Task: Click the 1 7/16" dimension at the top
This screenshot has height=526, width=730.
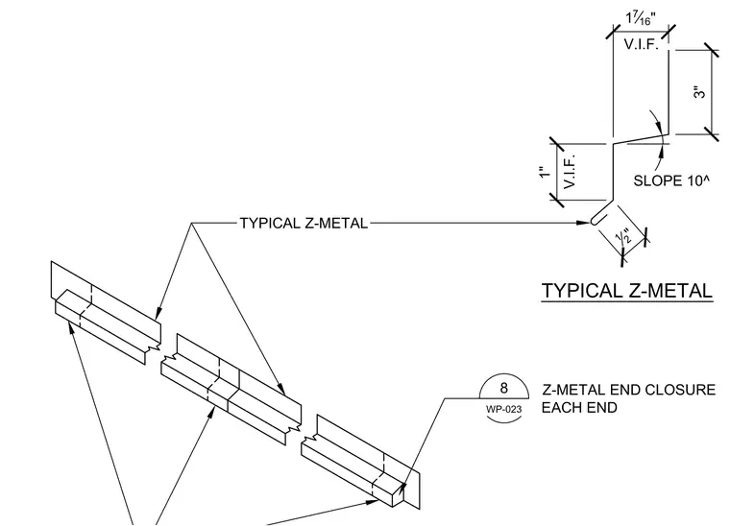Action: coord(641,18)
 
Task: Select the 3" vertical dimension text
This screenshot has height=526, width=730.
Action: coord(699,92)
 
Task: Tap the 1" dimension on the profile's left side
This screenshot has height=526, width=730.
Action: coord(545,172)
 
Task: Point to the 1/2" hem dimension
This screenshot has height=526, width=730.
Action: coord(623,236)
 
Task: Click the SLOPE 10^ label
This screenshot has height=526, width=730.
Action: coord(671,180)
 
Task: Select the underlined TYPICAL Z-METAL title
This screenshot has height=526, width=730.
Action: coord(627,291)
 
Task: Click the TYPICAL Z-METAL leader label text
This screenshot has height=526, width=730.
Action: coord(304,224)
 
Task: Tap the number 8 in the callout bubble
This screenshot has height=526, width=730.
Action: coord(503,388)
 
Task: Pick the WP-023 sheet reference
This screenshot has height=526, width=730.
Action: coord(503,409)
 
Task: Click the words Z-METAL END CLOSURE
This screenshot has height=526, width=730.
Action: coord(628,390)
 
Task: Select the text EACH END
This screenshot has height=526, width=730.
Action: coord(579,408)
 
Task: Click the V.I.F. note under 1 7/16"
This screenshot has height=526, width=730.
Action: coord(641,44)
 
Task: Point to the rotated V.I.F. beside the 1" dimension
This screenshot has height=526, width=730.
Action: coord(570,171)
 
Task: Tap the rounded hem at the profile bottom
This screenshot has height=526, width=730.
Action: coord(596,219)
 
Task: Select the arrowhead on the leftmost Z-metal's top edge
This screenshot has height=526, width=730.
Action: coord(158,313)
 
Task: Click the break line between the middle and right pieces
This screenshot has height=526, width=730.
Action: coord(299,432)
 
